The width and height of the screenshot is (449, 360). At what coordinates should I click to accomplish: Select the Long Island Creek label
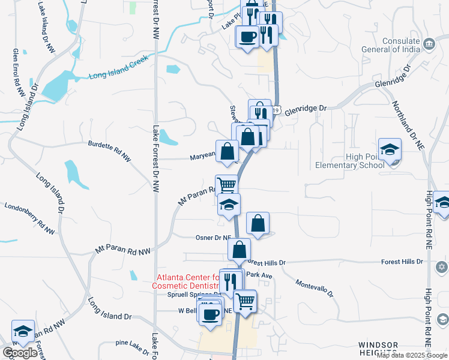pyautogui.click(x=118, y=76)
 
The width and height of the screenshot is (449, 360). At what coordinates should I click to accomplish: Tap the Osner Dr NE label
pyautogui.click(x=213, y=238)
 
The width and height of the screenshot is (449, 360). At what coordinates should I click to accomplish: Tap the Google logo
pyautogui.click(x=20, y=353)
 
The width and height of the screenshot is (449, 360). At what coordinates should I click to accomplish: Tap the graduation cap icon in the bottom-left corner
pyautogui.click(x=23, y=331)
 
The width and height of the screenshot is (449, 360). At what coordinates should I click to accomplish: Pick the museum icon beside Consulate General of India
pyautogui.click(x=429, y=44)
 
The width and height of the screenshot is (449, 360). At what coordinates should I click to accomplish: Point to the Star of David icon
pyautogui.click(x=444, y=266)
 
